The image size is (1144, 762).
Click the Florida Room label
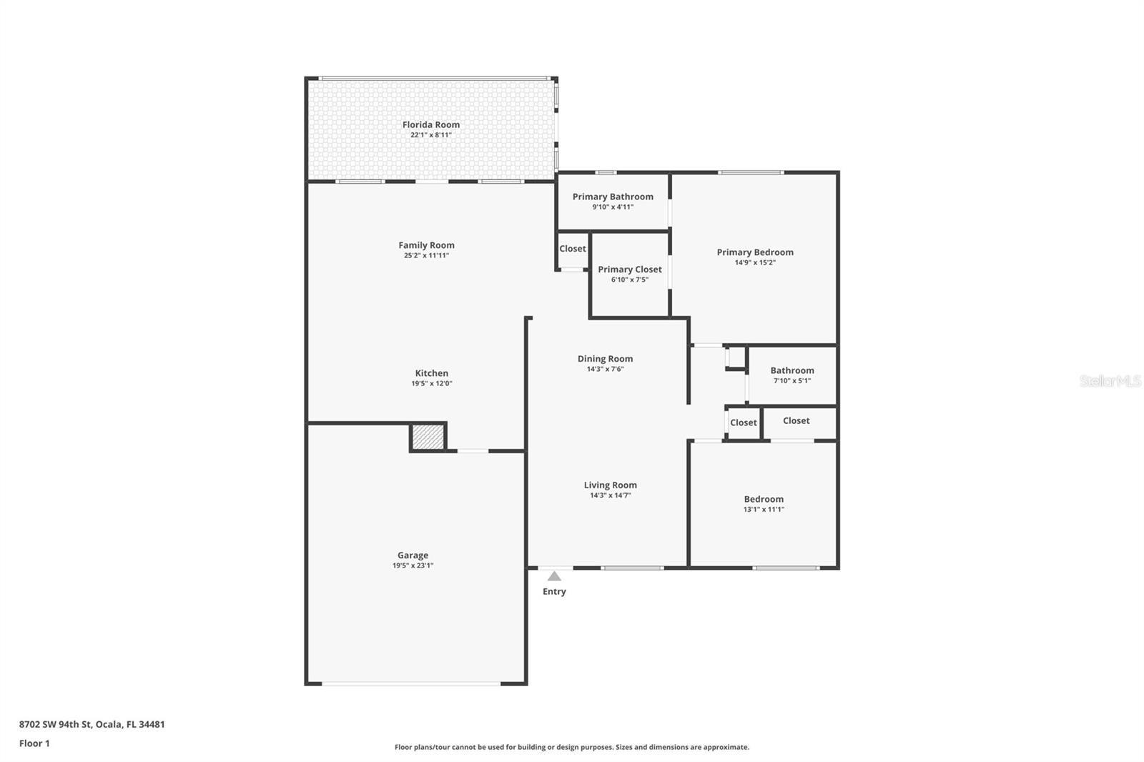(x=430, y=124)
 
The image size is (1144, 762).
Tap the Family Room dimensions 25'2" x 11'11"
(x=426, y=255)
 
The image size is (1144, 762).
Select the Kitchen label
(x=432, y=373)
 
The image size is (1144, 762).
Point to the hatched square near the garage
(x=428, y=437)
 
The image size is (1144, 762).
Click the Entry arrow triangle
(x=554, y=576)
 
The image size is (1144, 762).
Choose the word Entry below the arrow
(x=554, y=591)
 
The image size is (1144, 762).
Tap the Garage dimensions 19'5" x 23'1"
(x=413, y=565)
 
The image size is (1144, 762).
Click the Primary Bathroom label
(x=613, y=197)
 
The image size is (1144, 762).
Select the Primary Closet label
(x=630, y=269)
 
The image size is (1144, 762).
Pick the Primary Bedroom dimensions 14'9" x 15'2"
(x=755, y=262)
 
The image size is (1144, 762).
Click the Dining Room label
(x=605, y=359)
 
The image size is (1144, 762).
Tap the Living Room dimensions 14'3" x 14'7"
(x=610, y=495)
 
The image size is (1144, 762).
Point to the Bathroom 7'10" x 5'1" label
(x=792, y=370)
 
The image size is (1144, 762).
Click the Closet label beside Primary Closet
(x=573, y=249)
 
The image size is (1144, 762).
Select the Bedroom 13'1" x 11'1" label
(x=764, y=499)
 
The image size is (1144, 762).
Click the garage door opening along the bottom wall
(x=411, y=684)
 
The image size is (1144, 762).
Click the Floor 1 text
(x=34, y=743)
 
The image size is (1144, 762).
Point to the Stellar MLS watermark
(x=1110, y=381)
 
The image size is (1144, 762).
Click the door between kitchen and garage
(x=473, y=450)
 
